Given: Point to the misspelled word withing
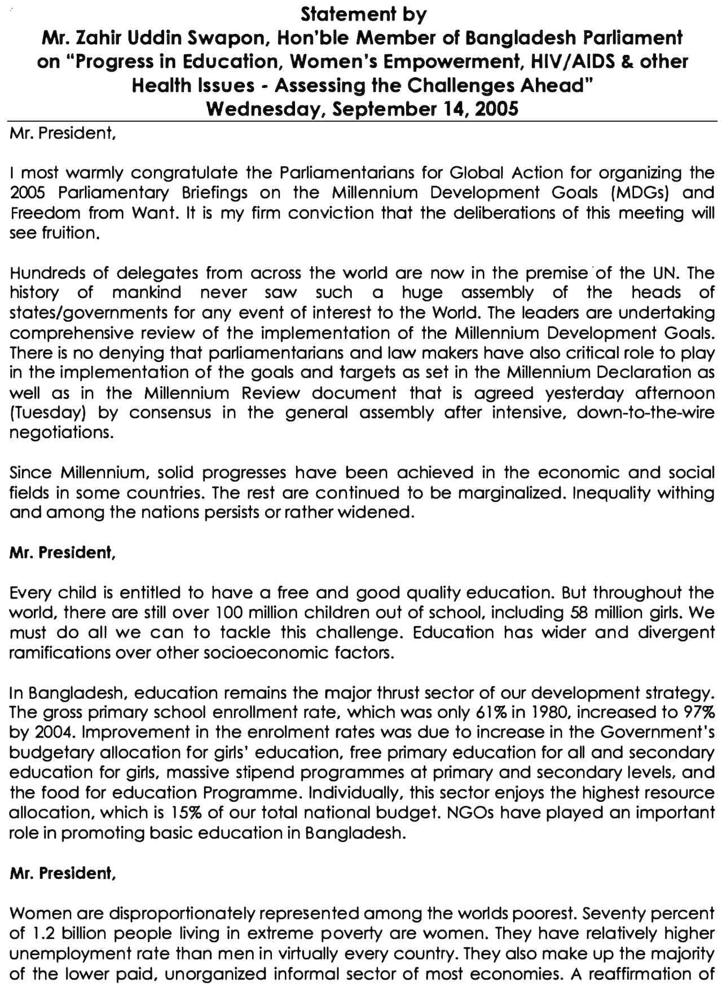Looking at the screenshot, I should click(x=685, y=492).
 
